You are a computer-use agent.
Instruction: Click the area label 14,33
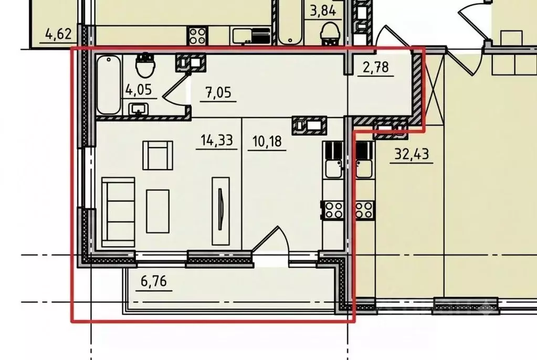(217, 140)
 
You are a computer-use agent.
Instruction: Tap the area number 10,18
(267, 141)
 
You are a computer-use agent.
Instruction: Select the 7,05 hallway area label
(218, 92)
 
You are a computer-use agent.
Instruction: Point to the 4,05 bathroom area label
(139, 90)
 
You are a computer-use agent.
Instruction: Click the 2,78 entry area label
(376, 67)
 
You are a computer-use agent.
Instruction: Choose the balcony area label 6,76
(154, 281)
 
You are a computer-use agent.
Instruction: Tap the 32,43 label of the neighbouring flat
(412, 154)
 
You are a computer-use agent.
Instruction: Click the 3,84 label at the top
(323, 11)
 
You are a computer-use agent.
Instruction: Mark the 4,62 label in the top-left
(59, 34)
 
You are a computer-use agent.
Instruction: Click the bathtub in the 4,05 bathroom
(109, 85)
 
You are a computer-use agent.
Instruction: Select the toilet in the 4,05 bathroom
(146, 65)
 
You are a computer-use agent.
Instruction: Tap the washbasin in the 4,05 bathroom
(139, 110)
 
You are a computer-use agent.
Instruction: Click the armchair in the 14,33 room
(157, 155)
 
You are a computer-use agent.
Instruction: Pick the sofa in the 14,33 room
(118, 211)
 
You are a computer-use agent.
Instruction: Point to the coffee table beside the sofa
(157, 211)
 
